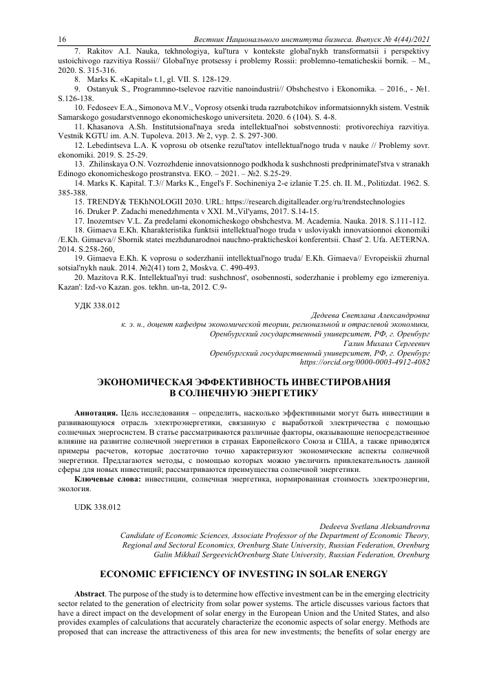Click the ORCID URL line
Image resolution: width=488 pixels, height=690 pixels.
(365, 362)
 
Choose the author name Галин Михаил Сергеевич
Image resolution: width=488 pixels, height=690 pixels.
(386, 343)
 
